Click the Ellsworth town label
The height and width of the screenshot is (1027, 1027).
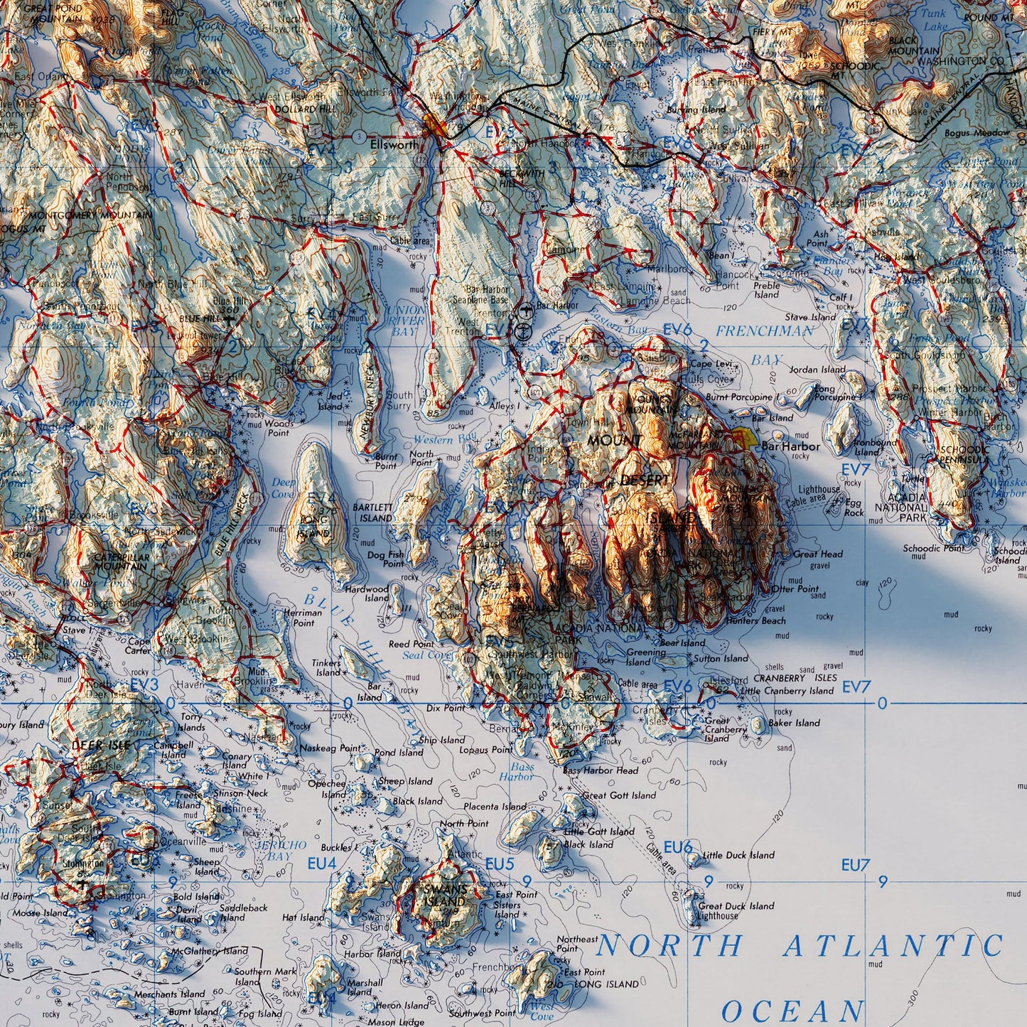[x=394, y=144]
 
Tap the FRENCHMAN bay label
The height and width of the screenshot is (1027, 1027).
[x=765, y=331]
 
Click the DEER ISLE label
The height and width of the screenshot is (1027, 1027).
[x=101, y=745]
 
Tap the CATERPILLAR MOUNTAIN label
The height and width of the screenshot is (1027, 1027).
[x=121, y=562]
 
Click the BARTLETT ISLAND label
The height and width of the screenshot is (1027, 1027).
[x=372, y=512]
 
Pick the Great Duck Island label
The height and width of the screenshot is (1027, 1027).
[x=736, y=906]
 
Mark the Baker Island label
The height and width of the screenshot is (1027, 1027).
[x=794, y=723]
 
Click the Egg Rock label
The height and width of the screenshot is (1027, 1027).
[x=854, y=507]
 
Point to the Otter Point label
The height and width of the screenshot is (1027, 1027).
[x=795, y=588]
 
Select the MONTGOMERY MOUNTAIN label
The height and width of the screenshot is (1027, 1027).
[x=91, y=215]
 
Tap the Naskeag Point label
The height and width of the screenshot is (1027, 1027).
[x=330, y=748]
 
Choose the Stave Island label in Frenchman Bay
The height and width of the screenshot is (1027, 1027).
[x=810, y=317]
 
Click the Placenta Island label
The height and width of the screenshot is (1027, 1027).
[x=495, y=807]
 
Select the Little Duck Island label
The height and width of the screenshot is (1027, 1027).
[x=738, y=855]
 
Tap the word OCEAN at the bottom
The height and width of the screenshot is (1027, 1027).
[x=792, y=1011]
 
